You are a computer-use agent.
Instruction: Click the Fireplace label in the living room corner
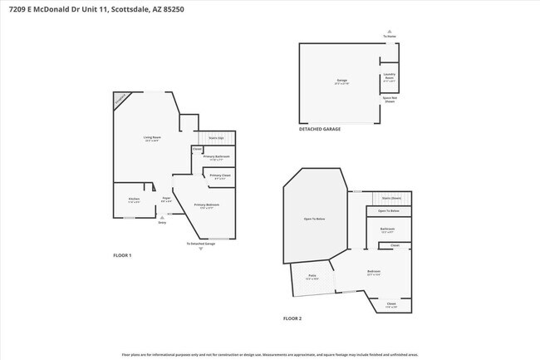click(122, 100)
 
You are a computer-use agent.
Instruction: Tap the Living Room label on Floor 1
click(151, 137)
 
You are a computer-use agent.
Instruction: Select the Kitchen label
click(134, 199)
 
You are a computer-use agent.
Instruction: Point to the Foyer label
click(166, 199)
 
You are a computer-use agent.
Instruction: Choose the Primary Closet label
click(220, 175)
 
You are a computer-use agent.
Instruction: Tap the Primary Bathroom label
click(216, 156)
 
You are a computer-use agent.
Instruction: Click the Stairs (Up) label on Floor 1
click(216, 137)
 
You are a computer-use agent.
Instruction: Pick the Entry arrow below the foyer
click(161, 216)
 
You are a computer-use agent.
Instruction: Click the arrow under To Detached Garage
click(200, 249)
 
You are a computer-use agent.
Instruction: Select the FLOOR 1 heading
click(122, 254)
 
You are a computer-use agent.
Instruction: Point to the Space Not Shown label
click(389, 99)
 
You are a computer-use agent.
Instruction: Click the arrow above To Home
click(390, 32)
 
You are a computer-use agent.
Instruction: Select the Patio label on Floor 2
click(312, 275)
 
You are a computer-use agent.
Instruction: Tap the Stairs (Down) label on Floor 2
click(391, 198)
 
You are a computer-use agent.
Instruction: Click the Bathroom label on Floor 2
click(387, 229)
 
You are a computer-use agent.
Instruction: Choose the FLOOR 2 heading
click(292, 318)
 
